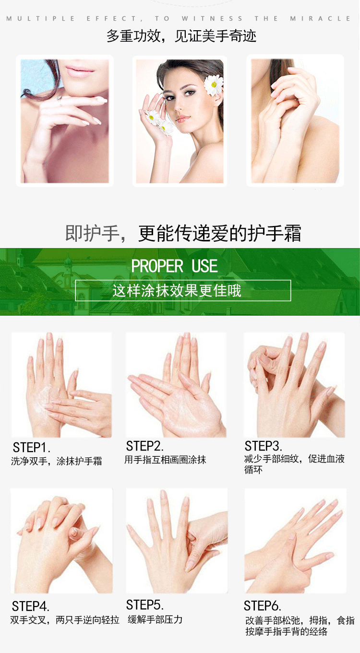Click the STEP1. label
coord(32,448)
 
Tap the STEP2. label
coord(144,446)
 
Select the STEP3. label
coord(263,446)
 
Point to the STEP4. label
coord(31,606)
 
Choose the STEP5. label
coord(144,605)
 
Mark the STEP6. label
coord(263,606)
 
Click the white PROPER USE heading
coord(174,266)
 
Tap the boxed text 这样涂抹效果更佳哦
coord(177,291)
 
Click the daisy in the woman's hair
coord(214,85)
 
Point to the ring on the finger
coord(60,100)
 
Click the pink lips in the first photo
coord(80,71)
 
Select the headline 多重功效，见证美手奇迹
coord(181,36)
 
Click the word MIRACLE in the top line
coord(320,19)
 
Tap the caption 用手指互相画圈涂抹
coord(165,460)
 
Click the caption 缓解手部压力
coord(155,619)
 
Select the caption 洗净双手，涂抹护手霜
coord(56,461)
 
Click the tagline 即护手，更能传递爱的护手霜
coord(183,233)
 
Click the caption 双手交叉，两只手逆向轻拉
coord(65,620)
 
